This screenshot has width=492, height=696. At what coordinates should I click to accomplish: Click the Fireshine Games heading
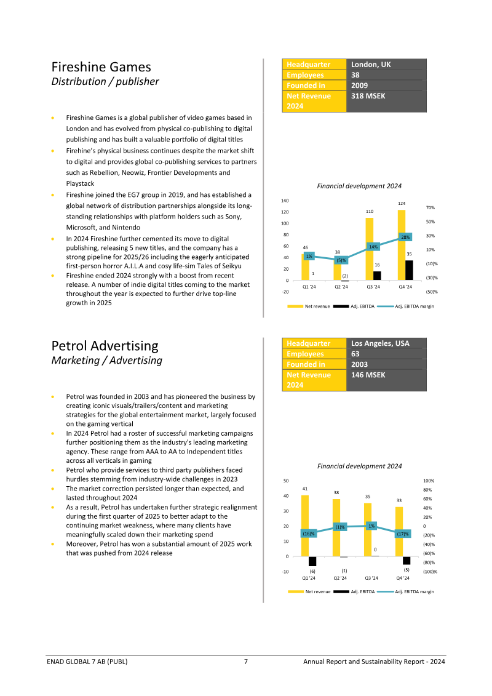click(101, 66)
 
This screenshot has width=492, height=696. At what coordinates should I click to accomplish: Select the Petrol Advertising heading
click(105, 346)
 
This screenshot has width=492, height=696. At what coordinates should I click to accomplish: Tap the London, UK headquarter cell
click(371, 65)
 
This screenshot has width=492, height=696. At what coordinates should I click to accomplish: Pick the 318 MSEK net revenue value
click(368, 96)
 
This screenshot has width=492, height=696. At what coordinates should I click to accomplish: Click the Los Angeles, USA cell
click(380, 343)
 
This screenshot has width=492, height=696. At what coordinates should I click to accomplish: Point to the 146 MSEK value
click(368, 375)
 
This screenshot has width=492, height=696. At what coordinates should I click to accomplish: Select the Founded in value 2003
click(360, 364)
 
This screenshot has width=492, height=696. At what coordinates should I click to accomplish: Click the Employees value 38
click(355, 75)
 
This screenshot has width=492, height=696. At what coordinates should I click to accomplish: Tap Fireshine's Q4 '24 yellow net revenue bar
click(402, 245)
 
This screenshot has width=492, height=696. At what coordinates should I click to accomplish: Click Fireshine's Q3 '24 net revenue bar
click(370, 249)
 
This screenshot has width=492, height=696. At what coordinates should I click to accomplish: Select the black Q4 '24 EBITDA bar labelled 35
click(409, 270)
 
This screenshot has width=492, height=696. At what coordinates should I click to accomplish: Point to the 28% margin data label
click(405, 237)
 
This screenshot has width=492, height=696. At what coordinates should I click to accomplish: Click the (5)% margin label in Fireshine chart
click(341, 260)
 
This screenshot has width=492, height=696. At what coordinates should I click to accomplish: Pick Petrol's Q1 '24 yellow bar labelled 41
click(305, 526)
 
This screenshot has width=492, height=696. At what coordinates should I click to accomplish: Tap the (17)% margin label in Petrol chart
click(403, 534)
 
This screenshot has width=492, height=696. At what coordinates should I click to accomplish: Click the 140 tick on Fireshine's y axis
click(285, 201)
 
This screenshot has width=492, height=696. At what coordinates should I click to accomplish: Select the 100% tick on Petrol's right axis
click(429, 481)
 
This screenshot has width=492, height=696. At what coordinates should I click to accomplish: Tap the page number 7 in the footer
click(246, 662)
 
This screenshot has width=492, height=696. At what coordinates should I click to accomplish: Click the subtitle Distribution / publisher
click(105, 82)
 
